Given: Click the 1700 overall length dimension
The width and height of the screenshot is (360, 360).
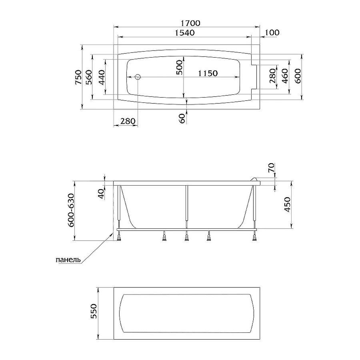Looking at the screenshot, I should pos(188,23).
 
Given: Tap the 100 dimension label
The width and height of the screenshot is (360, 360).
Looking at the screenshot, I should pos(272,33).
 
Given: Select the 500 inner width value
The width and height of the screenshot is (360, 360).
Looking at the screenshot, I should pos(180,67).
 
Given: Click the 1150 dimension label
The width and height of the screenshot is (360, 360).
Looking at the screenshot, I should pos(206,73).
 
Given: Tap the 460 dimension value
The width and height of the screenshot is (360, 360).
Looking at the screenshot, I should pos(285,76).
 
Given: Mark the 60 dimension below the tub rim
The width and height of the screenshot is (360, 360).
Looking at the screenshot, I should pos(182,118).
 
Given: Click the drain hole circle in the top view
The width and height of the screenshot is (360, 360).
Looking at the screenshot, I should pos(138,77).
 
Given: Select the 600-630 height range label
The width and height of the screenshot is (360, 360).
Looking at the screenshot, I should pos(71,210).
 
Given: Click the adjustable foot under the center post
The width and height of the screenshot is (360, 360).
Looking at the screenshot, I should pos(186,238).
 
